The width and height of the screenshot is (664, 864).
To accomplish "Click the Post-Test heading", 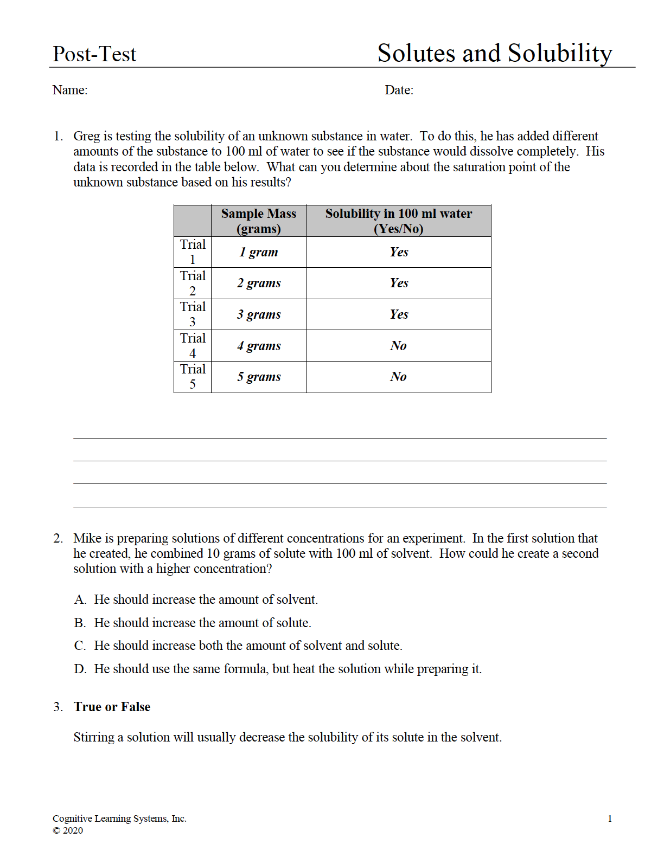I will point(94,54).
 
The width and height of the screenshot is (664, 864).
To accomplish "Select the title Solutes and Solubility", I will point(494,53).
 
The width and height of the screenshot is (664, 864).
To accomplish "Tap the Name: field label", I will point(70,90).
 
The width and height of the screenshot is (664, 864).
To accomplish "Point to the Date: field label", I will point(399,90).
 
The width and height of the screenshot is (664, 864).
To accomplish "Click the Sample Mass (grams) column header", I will point(259,221).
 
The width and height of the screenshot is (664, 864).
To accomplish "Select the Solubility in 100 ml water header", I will point(398,221).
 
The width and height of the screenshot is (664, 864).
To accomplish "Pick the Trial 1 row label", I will point(193,252).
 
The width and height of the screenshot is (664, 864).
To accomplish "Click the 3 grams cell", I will point(259,314).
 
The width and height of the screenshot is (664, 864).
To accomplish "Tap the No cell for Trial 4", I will point(398,346).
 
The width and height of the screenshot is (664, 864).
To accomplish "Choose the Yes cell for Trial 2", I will point(399,283).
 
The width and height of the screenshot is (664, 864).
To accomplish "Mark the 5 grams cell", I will point(259,377).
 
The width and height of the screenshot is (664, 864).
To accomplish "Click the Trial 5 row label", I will point(193,377).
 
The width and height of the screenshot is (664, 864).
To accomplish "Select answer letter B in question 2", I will point(80,623).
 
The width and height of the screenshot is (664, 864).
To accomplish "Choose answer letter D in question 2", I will point(80,669).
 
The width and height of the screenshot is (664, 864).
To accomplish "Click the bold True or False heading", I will point(112,707).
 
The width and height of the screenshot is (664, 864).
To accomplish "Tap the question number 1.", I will point(58,136).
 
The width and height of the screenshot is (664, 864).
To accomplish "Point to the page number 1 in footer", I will point(610,818).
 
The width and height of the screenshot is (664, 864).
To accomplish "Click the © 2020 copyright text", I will point(68,830).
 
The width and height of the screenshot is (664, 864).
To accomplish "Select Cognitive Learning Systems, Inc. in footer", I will point(119,818).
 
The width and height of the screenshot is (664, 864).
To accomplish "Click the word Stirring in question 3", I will point(94,737).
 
